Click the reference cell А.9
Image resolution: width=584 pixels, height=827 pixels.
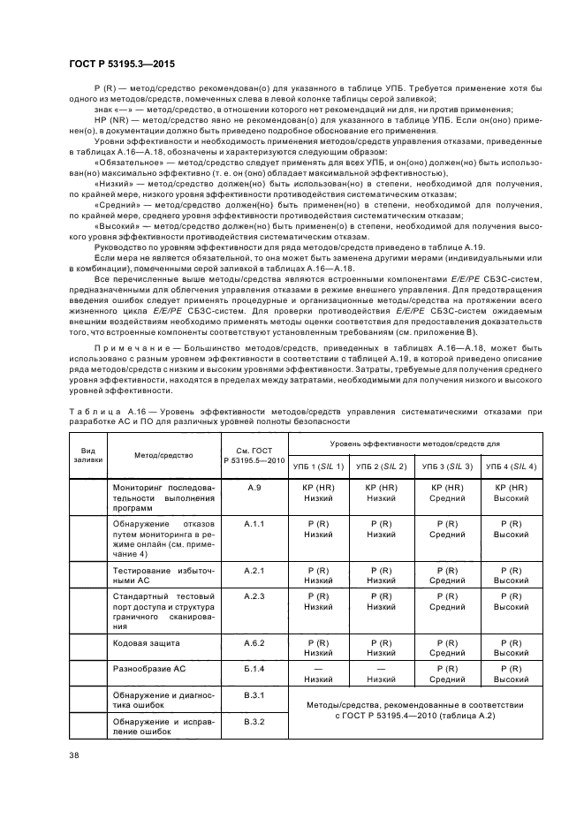click(254, 487)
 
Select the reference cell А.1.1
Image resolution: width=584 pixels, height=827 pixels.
click(254, 523)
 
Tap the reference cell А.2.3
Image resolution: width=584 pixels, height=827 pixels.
click(254, 596)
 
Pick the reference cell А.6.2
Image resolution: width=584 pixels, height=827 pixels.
click(254, 642)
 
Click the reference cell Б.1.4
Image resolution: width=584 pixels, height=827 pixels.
click(254, 669)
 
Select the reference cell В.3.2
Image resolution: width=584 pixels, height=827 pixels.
click(254, 722)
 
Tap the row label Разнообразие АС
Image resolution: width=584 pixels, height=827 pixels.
click(145, 669)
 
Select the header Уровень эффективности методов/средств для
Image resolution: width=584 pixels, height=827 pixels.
click(414, 443)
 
